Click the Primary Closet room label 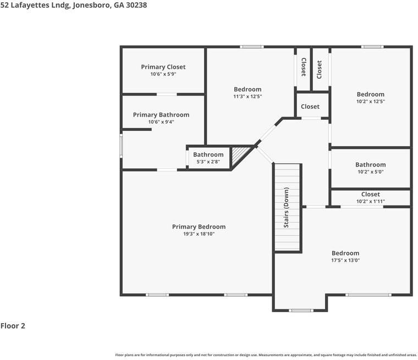[163, 67]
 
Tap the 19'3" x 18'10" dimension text [199, 234]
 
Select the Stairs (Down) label [287, 208]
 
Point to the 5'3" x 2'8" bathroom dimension [208, 162]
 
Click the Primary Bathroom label [161, 115]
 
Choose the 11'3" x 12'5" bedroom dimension [248, 97]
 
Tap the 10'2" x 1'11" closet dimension [371, 202]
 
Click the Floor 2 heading [13, 325]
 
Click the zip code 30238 [136, 5]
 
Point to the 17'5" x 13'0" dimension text [345, 261]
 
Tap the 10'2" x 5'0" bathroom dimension [371, 172]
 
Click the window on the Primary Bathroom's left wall [121, 146]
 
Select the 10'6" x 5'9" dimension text [163, 74]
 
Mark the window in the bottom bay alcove [301, 311]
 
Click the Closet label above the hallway [310, 107]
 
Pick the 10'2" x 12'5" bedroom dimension [371, 102]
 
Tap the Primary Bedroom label [199, 227]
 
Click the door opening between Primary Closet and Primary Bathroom [167, 95]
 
